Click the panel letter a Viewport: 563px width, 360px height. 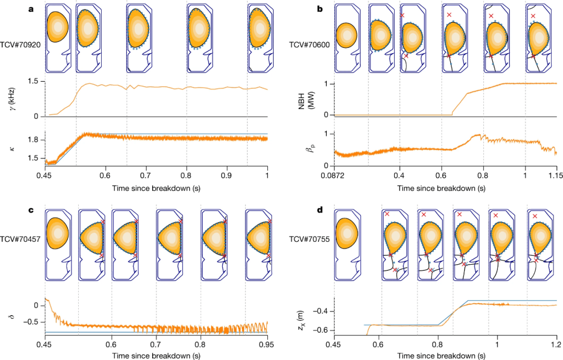point(31,9)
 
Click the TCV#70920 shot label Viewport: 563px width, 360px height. point(21,45)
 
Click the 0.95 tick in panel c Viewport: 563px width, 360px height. point(267,344)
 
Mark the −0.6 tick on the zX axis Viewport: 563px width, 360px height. point(322,330)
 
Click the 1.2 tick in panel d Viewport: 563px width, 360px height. point(557,344)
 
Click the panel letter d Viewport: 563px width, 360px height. point(320,211)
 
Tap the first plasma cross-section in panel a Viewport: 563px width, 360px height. point(57,29)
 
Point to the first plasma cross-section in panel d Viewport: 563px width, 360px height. point(345,233)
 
